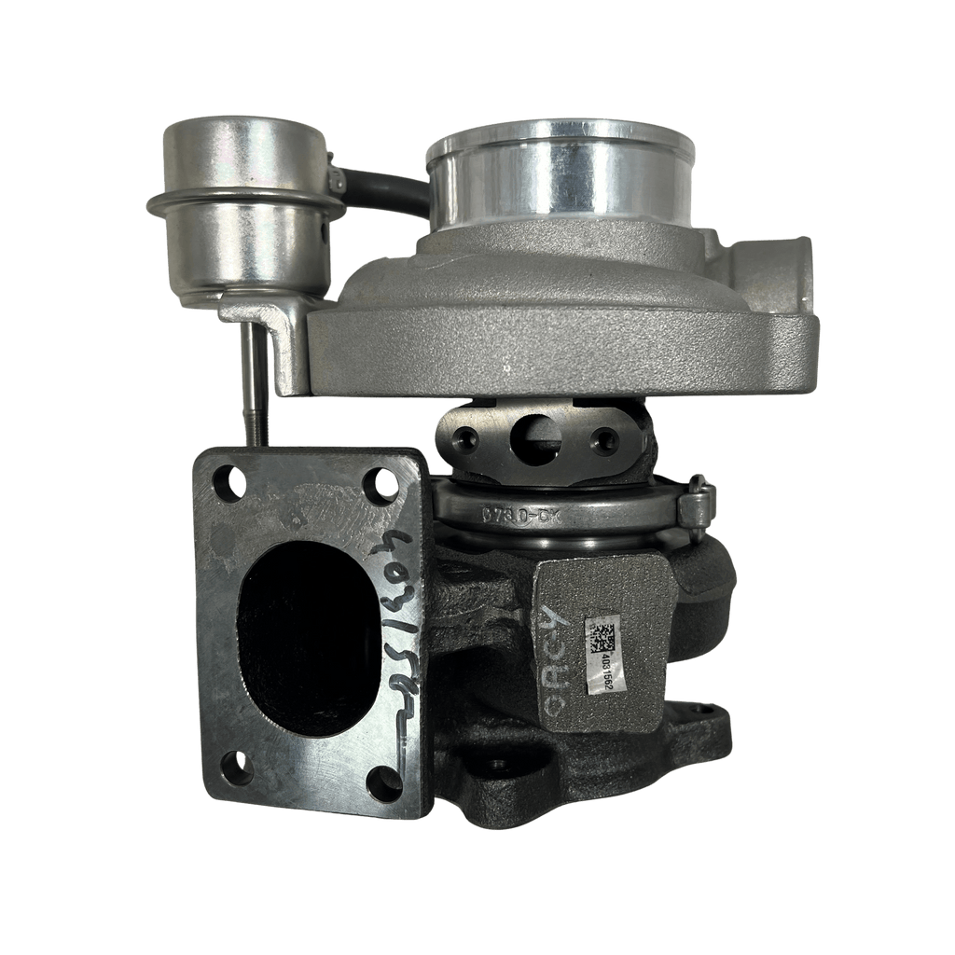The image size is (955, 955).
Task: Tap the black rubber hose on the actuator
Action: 382,187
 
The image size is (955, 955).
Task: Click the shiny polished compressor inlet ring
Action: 560,177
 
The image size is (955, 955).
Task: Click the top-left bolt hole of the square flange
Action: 228,482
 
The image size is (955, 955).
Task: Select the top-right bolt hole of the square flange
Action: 383,482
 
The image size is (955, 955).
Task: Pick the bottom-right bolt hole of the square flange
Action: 383,782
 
